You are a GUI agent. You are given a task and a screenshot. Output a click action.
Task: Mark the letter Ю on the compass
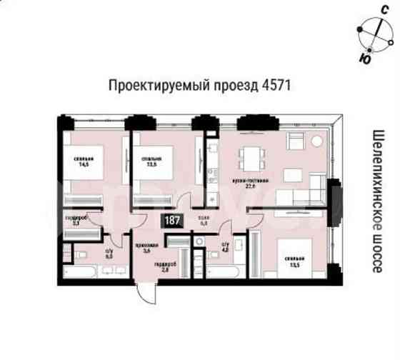pos(365,58)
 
